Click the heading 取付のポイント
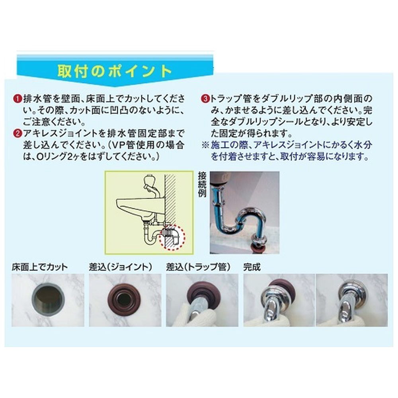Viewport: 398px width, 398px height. [115, 71]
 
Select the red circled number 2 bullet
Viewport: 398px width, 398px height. [17, 134]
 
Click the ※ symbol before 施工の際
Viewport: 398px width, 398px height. [205, 145]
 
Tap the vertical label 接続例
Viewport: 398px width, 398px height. [202, 185]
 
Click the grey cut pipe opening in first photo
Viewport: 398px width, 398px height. [48, 300]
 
